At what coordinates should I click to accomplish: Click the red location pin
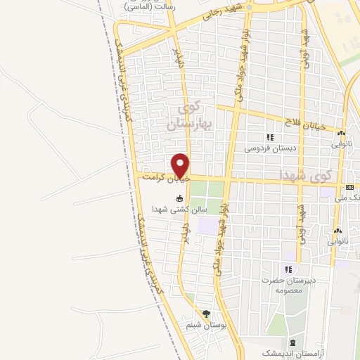pos(181,165)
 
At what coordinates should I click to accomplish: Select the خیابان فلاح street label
pos(307,122)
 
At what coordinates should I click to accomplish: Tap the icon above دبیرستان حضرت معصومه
pos(288,269)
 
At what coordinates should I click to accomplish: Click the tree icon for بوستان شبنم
pos(206,314)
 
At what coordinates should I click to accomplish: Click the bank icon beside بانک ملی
pos(350,187)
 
